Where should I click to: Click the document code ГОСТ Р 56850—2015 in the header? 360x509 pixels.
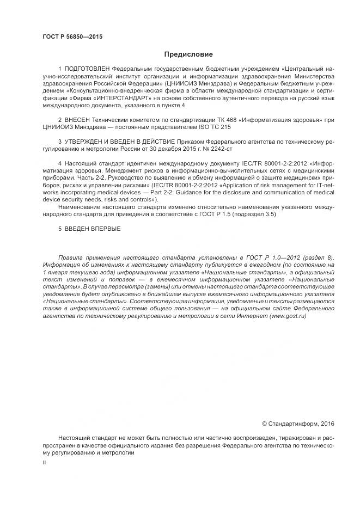(72, 37)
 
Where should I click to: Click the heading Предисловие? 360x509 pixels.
(188, 54)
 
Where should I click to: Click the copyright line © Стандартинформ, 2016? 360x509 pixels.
(298, 423)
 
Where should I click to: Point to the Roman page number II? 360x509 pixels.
(44, 462)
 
